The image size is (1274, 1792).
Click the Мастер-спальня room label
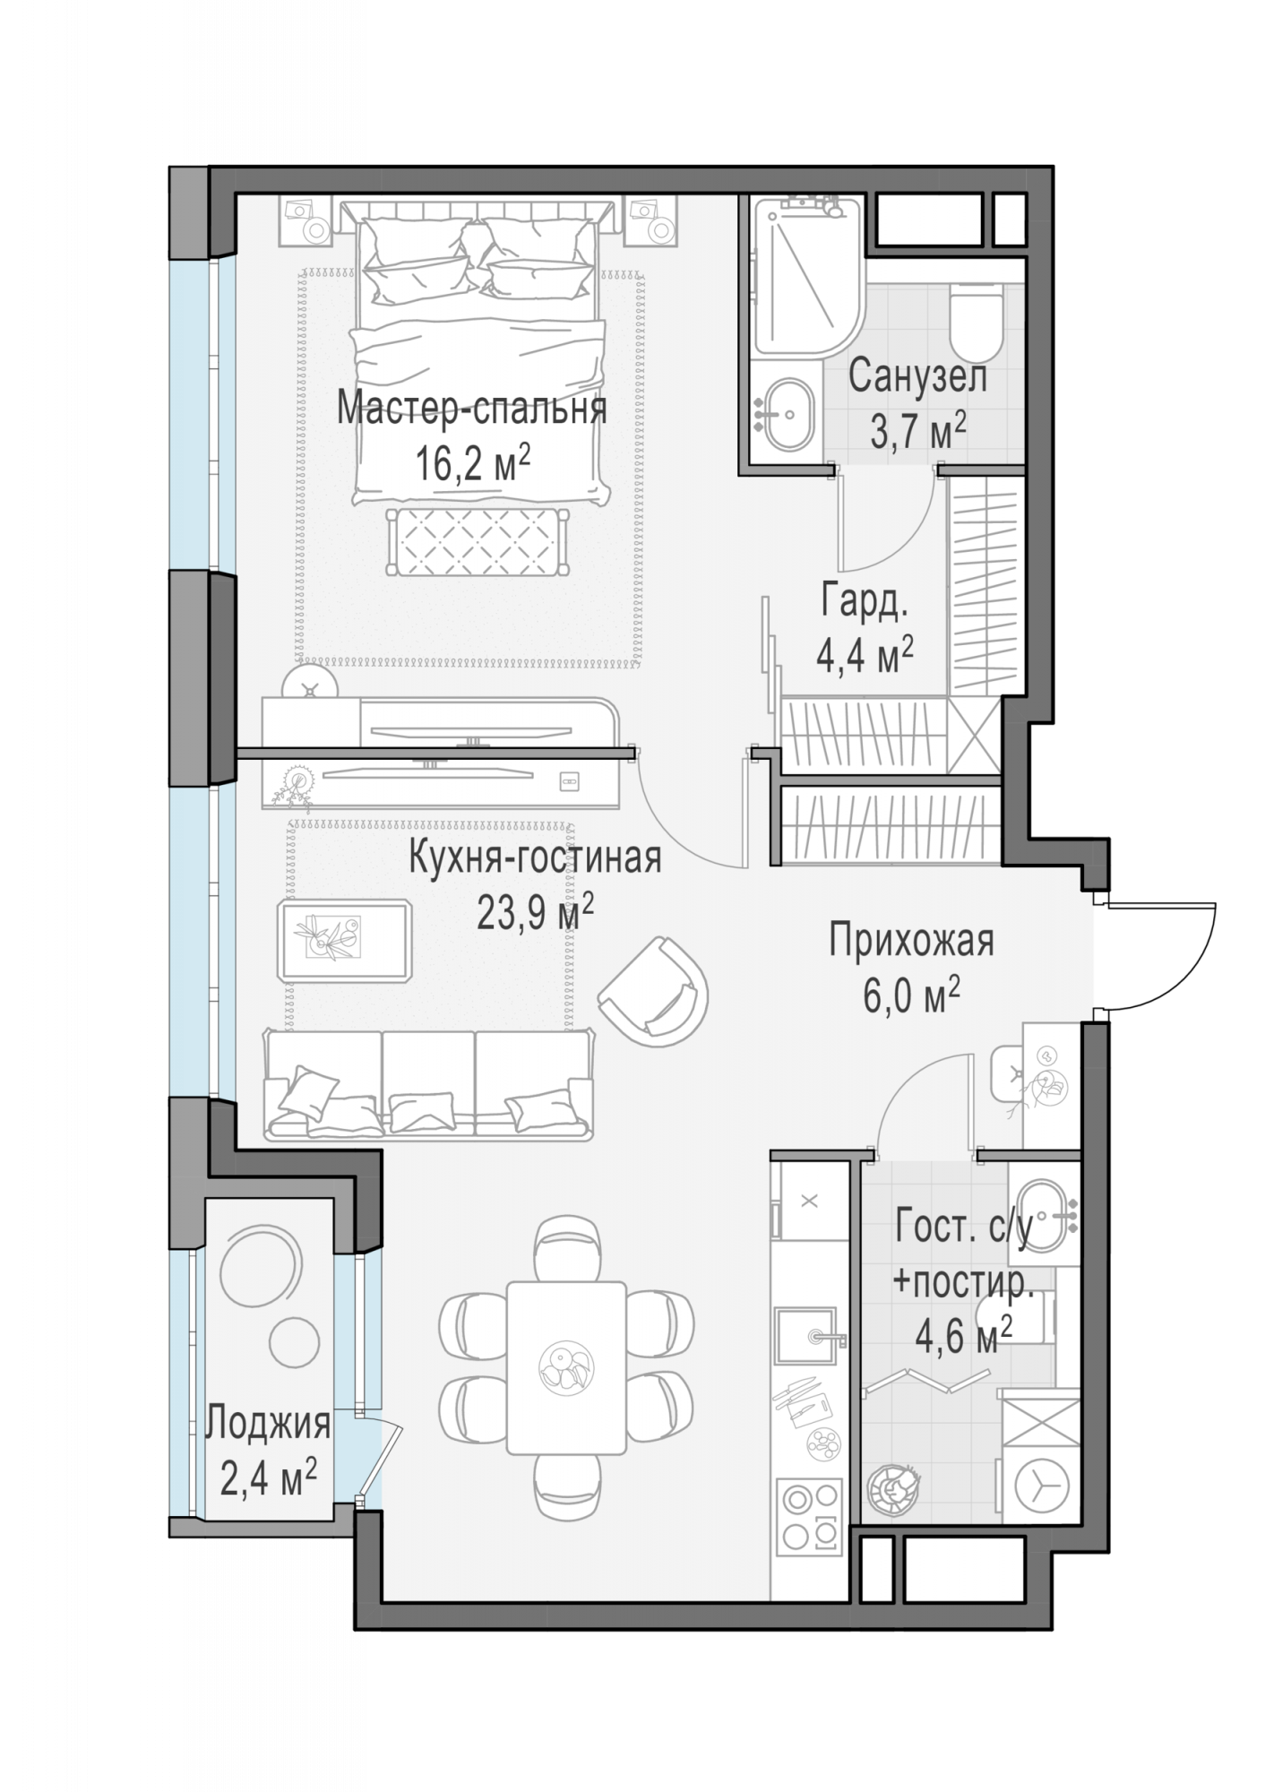click(471, 409)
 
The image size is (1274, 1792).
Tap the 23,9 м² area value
click(535, 914)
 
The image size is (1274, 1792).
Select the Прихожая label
click(911, 942)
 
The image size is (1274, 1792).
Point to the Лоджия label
click(269, 1423)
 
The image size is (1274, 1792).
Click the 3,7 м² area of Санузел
click(917, 433)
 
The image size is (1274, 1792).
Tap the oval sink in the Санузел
click(788, 413)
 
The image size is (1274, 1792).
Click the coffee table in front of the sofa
click(345, 941)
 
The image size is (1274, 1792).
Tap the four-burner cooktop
click(812, 1514)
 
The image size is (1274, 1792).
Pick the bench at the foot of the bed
click(477, 542)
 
